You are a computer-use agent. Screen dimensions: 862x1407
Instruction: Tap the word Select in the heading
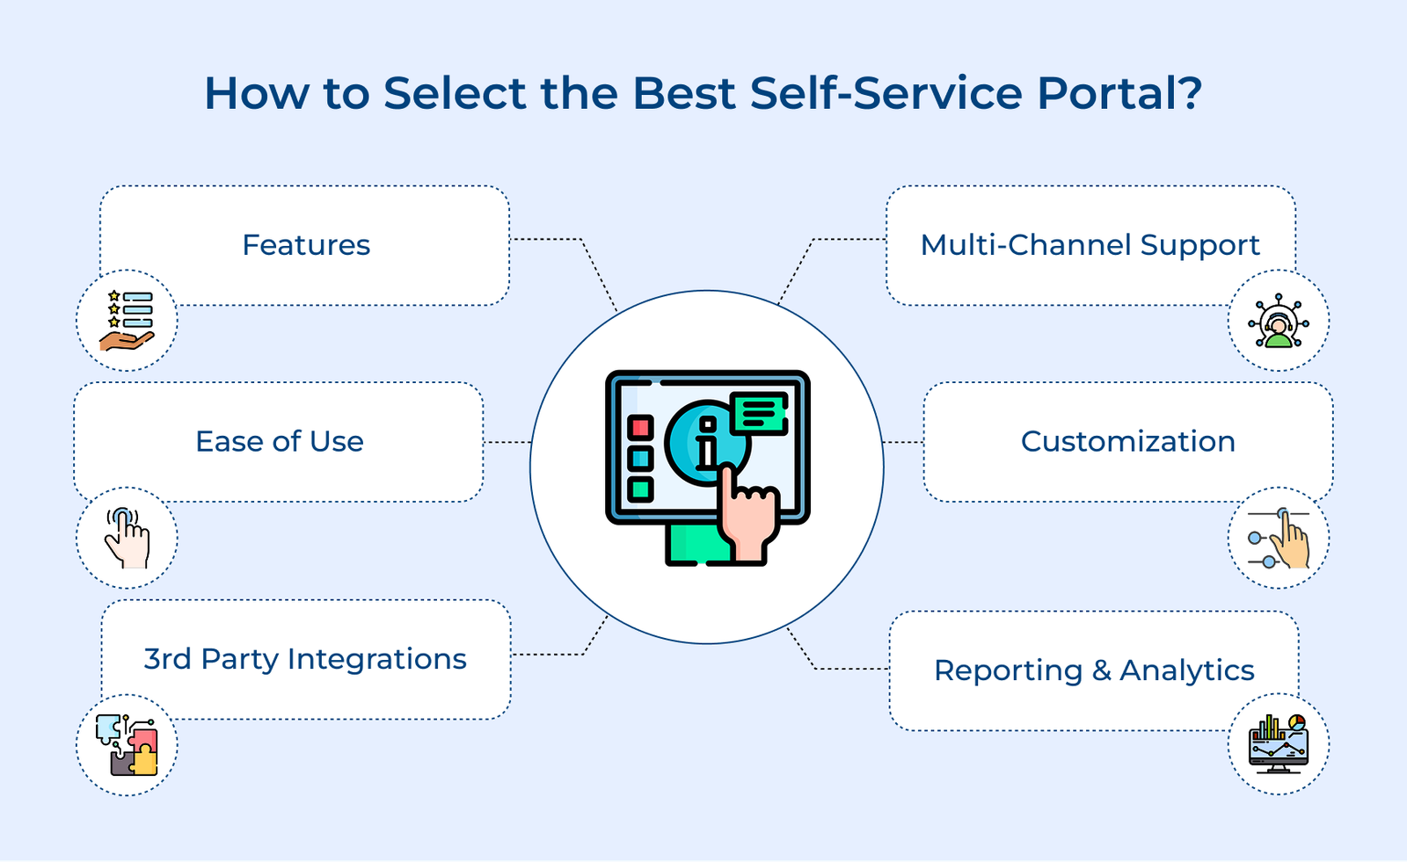pyautogui.click(x=456, y=93)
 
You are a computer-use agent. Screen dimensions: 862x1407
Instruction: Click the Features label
pyautogui.click(x=306, y=245)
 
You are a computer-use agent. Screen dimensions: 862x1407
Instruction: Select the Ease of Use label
pyautogui.click(x=279, y=441)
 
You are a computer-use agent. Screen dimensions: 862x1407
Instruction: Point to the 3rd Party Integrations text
pyautogui.click(x=305, y=659)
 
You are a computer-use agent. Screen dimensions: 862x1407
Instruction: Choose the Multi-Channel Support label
pyautogui.click(x=1090, y=245)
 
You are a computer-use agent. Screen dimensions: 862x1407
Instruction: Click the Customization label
pyautogui.click(x=1127, y=441)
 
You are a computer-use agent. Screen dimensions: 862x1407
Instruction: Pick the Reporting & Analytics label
pyautogui.click(x=1093, y=670)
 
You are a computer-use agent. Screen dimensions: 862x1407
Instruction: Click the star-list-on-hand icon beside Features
pyautogui.click(x=127, y=321)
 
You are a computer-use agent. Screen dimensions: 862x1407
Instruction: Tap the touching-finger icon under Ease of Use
pyautogui.click(x=127, y=538)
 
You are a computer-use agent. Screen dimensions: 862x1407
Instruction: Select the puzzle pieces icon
pyautogui.click(x=127, y=745)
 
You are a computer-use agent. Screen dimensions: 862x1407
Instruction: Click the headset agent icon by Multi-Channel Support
pyautogui.click(x=1278, y=321)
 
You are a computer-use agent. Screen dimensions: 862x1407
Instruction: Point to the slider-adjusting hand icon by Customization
pyautogui.click(x=1278, y=538)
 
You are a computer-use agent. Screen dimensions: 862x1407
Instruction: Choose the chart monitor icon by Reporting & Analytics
pyautogui.click(x=1278, y=744)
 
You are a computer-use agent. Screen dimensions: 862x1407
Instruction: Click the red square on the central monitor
pyautogui.click(x=640, y=428)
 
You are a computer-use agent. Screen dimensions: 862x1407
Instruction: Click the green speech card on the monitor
pyautogui.click(x=759, y=412)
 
